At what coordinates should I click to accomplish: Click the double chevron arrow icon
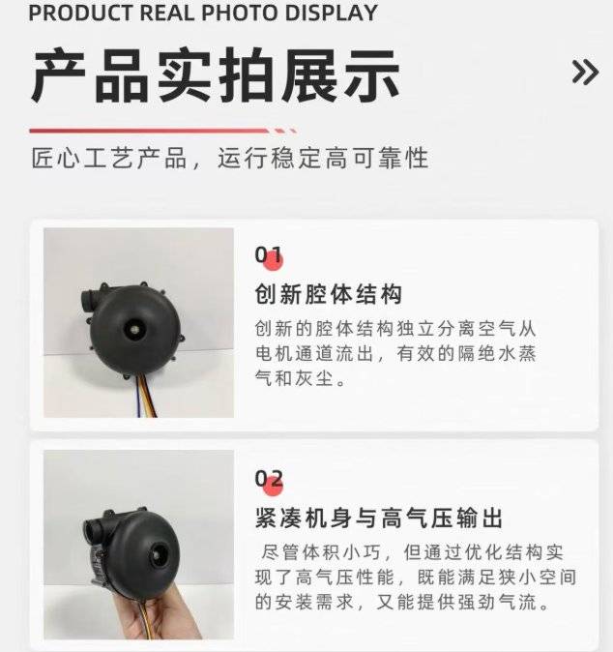point(585,73)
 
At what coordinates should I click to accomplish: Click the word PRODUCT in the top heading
point(80,13)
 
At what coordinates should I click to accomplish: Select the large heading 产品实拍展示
point(216,75)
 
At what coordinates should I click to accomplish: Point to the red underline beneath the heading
point(162,131)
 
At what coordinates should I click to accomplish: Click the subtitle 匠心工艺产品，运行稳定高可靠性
point(230,158)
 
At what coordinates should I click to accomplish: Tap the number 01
point(268,254)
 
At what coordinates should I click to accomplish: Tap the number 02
point(269,479)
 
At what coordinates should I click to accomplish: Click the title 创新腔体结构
point(329,294)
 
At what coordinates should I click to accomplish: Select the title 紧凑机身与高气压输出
point(379,519)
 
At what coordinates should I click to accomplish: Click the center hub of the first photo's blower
point(135,329)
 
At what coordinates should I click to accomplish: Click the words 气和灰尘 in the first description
point(294,378)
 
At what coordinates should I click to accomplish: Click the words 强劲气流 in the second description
point(497,602)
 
